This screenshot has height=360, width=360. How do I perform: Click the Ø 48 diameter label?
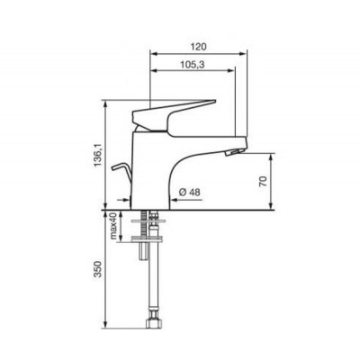tap(189, 191)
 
